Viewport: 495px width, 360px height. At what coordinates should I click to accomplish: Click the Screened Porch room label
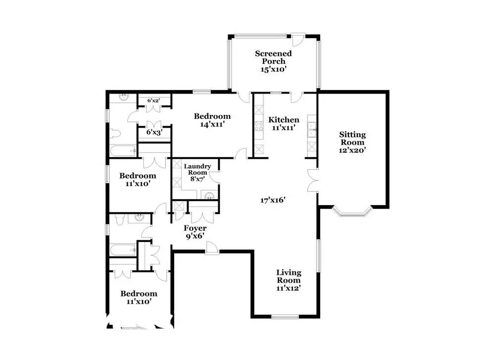click(273, 57)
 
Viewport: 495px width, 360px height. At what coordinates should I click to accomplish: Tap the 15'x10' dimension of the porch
click(273, 69)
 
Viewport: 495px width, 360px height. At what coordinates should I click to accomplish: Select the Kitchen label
click(284, 120)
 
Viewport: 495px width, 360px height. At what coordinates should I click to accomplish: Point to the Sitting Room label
click(352, 138)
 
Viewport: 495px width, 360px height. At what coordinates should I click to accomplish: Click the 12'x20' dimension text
click(352, 151)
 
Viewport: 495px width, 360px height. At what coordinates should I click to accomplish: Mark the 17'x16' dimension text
click(273, 200)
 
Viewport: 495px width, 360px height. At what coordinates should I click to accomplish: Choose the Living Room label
click(289, 276)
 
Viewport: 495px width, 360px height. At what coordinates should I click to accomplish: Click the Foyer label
click(195, 228)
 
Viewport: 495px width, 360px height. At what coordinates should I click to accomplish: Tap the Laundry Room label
click(198, 169)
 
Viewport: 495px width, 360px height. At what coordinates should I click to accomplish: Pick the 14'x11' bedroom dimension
click(212, 124)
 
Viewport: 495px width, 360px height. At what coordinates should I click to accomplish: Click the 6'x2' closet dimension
click(154, 101)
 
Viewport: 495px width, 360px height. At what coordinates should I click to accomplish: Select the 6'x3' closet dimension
click(154, 132)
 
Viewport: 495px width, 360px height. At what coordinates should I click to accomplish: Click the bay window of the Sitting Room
click(352, 212)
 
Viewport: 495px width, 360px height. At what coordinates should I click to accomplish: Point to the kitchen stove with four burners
click(259, 126)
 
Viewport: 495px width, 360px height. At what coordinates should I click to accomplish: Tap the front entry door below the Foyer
click(212, 248)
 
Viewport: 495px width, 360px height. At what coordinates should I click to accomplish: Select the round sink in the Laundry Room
click(209, 196)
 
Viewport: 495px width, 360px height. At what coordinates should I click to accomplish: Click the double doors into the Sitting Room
click(312, 180)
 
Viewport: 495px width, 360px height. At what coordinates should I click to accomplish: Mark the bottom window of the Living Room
click(285, 316)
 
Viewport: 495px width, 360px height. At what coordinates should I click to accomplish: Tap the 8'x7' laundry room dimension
click(198, 179)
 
